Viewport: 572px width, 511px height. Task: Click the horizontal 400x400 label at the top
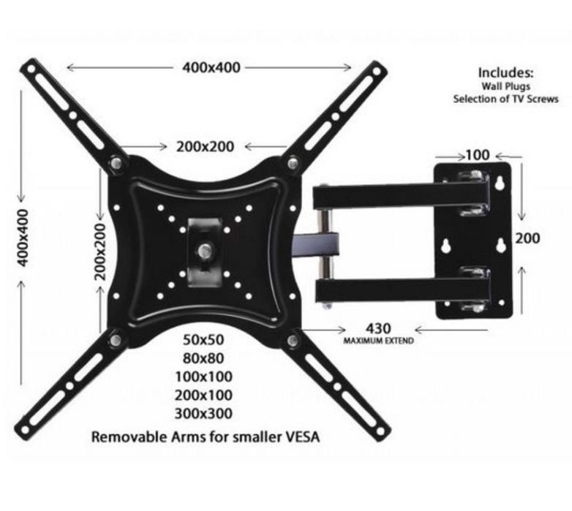[x=211, y=67]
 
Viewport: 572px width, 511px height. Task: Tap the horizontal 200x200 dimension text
[x=206, y=146]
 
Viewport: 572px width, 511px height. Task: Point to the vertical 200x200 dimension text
[x=100, y=251]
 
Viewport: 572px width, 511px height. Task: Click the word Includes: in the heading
[x=505, y=73]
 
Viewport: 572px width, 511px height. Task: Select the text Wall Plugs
[x=505, y=86]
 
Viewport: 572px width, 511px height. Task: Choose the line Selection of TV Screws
[x=505, y=99]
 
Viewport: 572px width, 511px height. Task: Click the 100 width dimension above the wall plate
[x=476, y=156]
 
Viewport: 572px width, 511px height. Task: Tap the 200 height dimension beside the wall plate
[x=527, y=238]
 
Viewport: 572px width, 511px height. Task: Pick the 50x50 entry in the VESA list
[x=203, y=341]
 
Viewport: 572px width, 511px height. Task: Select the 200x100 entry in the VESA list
[x=203, y=395]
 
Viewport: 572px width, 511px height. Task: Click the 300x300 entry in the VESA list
[x=203, y=414]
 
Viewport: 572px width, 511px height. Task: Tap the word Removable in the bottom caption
[x=124, y=439]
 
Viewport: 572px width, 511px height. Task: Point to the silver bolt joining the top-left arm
[x=116, y=163]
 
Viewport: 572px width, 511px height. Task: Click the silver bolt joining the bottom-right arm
[x=293, y=340]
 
